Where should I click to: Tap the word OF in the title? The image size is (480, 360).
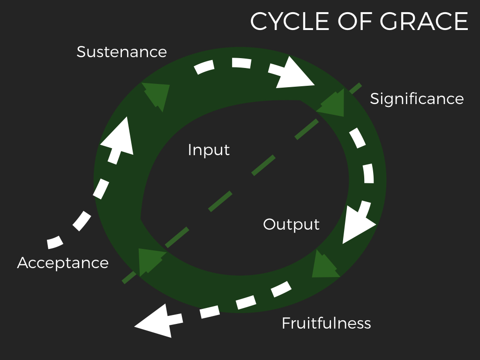point(355,22)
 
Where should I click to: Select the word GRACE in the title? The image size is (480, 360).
point(424,22)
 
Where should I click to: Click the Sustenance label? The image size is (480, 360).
point(122,52)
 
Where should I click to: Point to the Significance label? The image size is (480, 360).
point(417,98)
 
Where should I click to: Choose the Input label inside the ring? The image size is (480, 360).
point(209,150)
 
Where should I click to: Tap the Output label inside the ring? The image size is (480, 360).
point(292,224)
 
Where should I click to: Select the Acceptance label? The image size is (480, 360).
point(63,262)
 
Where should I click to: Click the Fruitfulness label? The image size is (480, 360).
point(326,323)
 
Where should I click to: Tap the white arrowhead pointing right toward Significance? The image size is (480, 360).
point(294,74)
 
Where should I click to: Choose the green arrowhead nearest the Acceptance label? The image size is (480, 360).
point(150,260)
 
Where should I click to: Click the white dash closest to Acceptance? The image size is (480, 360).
point(55,242)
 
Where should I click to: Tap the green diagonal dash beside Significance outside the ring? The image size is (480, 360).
point(356,88)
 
